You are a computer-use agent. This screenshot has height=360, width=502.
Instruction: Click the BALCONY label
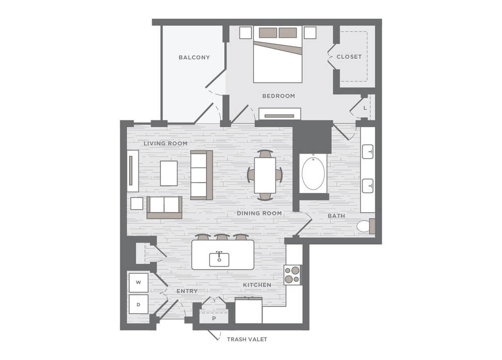coord(194,57)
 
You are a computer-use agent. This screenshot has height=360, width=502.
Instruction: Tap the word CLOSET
coord(349,56)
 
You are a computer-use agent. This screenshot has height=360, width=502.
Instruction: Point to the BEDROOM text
coord(279,96)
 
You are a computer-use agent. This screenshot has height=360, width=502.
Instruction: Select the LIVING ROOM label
coord(165,143)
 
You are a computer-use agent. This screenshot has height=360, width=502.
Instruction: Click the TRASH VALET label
coord(247,339)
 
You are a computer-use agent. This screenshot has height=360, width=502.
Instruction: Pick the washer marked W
coord(138,282)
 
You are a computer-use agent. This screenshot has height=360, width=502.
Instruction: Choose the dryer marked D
coord(138,305)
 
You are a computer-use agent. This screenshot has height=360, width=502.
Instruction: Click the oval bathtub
coord(313,173)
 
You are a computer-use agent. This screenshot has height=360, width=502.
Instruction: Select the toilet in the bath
coord(366,226)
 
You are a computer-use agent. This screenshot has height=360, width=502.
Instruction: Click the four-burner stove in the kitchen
coord(292,275)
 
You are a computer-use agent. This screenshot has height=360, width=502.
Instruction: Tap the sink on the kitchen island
coord(219,259)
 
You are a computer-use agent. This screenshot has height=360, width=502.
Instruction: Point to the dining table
coord(265,175)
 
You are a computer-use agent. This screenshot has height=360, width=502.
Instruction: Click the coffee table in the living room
coord(169,173)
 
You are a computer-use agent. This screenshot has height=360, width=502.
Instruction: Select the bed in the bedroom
coord(278,55)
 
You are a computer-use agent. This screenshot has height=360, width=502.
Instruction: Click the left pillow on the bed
coord(268,33)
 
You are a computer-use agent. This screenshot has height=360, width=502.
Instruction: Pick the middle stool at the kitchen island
coord(222,237)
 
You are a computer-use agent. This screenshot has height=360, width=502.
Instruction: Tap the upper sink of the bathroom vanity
coord(368,151)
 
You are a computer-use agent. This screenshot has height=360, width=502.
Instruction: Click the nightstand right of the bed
coord(310,32)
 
